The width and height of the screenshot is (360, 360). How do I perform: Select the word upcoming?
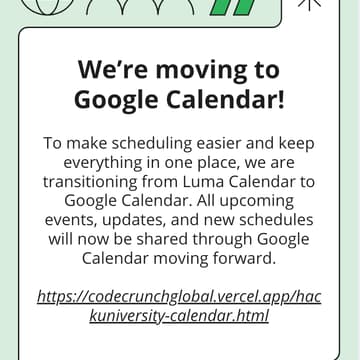(x=261, y=201)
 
